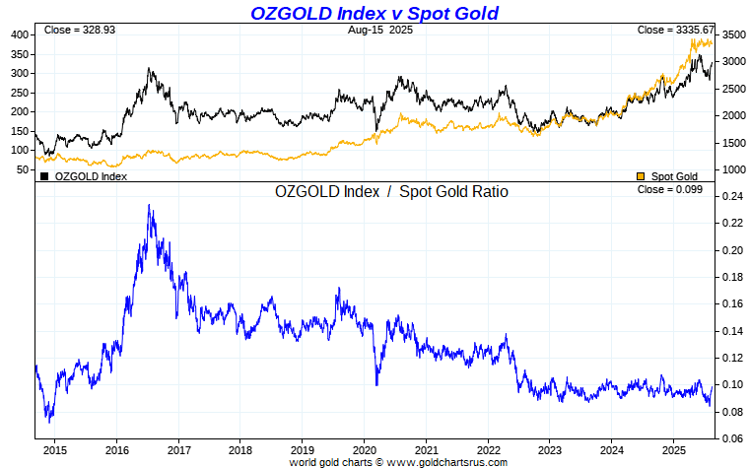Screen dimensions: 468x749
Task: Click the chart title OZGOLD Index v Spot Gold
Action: click(x=374, y=13)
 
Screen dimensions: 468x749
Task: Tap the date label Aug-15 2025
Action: click(x=379, y=31)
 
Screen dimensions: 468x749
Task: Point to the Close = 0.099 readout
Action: click(x=670, y=189)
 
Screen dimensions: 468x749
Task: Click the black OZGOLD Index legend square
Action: click(x=44, y=176)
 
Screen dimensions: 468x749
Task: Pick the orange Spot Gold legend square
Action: click(x=641, y=176)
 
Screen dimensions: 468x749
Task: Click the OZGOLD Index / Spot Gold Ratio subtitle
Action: click(x=391, y=191)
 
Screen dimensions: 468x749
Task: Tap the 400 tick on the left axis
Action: click(x=20, y=34)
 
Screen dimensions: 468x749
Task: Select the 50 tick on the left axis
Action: click(x=23, y=169)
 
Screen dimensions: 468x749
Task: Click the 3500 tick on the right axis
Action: click(x=732, y=34)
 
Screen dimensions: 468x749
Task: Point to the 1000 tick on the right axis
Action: click(x=732, y=169)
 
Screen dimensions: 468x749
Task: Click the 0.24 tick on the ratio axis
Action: click(x=730, y=196)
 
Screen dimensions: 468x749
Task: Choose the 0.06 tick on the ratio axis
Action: click(x=730, y=437)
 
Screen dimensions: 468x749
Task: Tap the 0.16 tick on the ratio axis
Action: click(x=730, y=303)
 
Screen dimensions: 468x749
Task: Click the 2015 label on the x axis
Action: click(x=54, y=449)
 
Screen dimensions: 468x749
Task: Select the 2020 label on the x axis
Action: click(x=364, y=449)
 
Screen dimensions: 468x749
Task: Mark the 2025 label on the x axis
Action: click(x=673, y=449)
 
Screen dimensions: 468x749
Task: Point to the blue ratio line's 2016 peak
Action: click(x=149, y=206)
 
